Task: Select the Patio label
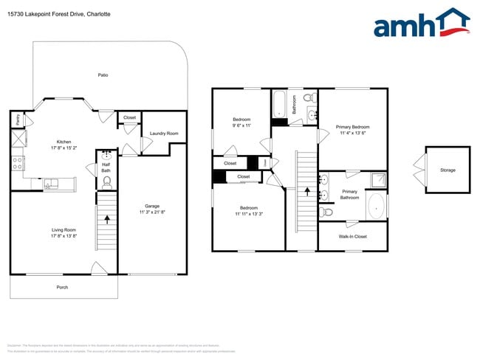click(x=103, y=75)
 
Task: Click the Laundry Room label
click(x=163, y=134)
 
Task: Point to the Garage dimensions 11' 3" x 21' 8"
click(x=152, y=212)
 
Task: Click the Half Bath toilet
click(x=106, y=179)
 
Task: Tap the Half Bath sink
click(x=106, y=156)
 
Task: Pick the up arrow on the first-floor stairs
click(x=107, y=218)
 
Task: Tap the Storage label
click(x=448, y=170)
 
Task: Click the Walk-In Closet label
click(x=352, y=237)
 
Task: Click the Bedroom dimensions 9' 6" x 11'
click(x=241, y=125)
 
